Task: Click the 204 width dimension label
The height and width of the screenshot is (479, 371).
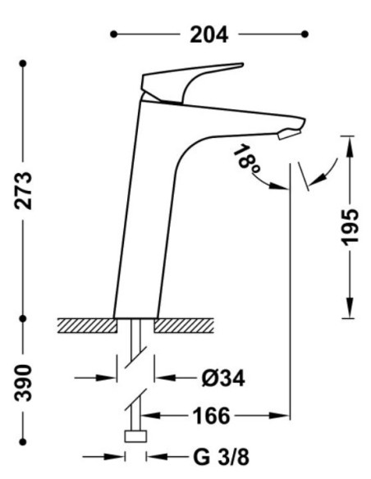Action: coord(209,34)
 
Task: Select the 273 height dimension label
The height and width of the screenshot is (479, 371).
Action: coord(23,190)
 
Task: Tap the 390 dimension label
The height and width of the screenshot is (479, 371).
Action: coord(23,382)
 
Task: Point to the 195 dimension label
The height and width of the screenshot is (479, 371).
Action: coord(350,227)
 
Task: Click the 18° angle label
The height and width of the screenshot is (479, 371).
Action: coord(247,159)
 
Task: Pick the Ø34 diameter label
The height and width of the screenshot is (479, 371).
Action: coord(223,378)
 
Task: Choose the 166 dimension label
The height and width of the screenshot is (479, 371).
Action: coord(211,416)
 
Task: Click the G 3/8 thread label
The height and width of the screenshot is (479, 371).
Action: coord(222,458)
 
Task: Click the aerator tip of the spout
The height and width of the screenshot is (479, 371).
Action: coord(289,135)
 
